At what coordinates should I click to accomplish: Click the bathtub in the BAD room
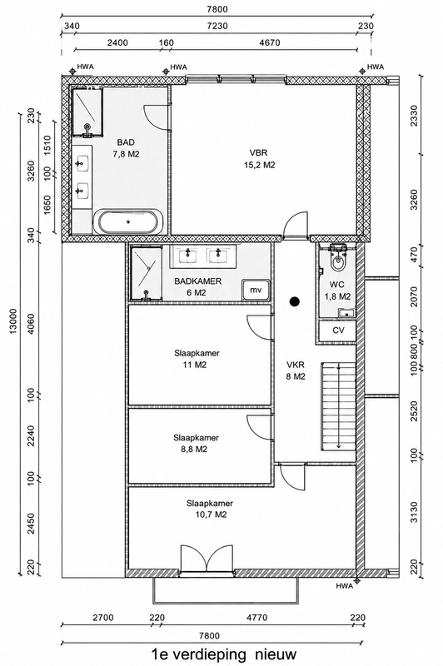[x=128, y=221]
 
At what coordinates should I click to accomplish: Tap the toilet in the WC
[x=339, y=258]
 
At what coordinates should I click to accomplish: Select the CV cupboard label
[x=338, y=331]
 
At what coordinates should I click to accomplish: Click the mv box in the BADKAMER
[x=256, y=290]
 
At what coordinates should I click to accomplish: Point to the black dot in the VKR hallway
[x=294, y=301]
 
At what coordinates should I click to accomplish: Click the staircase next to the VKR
[x=338, y=405]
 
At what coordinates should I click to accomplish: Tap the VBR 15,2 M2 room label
[x=259, y=159]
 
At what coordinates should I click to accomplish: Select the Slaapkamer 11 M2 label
[x=197, y=359]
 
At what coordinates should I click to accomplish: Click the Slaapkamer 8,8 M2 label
[x=196, y=444]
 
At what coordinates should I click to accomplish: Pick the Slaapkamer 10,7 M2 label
[x=209, y=509]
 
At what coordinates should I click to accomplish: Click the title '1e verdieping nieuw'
[x=224, y=654]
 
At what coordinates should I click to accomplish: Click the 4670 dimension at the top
[x=269, y=43]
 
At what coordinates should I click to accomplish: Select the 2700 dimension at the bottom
[x=103, y=618]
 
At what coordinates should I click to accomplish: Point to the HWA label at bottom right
[x=344, y=586]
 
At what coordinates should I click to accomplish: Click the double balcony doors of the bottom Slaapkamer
[x=207, y=559]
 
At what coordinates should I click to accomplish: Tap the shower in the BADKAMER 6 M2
[x=146, y=274]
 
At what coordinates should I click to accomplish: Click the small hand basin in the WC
[x=346, y=314]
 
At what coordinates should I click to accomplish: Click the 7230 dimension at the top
[x=217, y=26]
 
